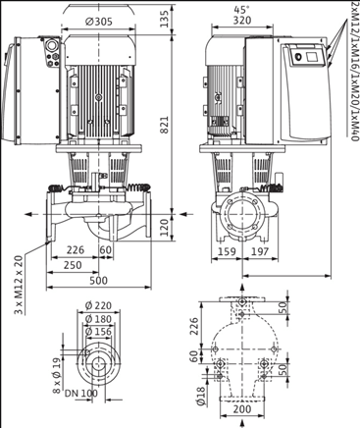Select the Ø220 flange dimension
pos(98,305)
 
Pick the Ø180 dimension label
pos(98,318)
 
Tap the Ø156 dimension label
pos(98,331)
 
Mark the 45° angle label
pos(257,9)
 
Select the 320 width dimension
pos(257,20)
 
